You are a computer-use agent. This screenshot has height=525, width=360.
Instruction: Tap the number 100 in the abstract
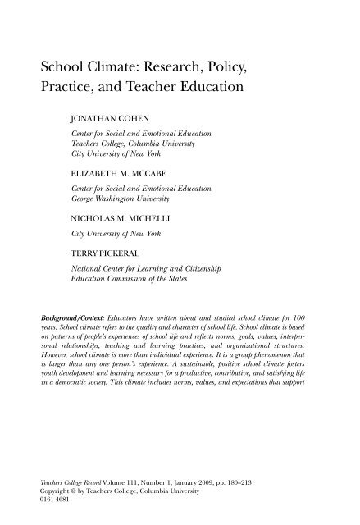311,316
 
